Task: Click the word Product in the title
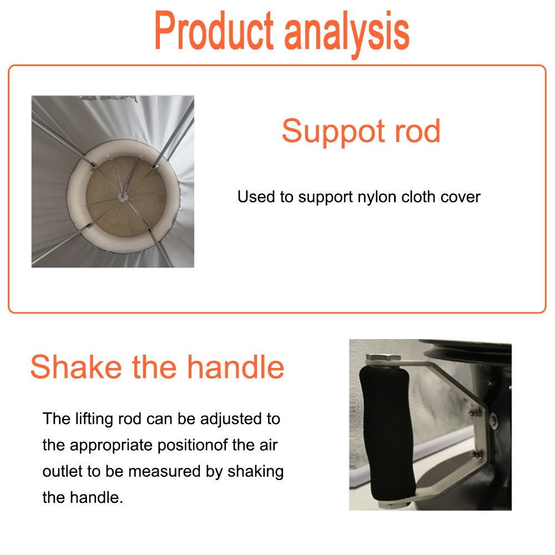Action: [x=214, y=31]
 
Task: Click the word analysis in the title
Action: [x=347, y=34]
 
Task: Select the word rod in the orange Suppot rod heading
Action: [x=417, y=131]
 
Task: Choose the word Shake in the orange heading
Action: [x=76, y=367]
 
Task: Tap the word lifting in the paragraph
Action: [x=94, y=419]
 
